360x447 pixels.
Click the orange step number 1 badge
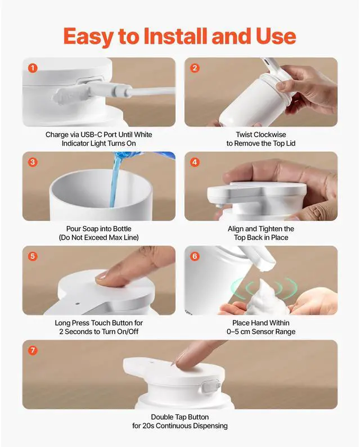(x=33, y=68)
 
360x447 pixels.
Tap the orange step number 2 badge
(x=195, y=68)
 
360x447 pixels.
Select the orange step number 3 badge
(x=33, y=162)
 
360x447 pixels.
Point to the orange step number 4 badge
(x=195, y=162)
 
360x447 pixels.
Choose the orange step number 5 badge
(x=33, y=256)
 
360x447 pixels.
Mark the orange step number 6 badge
(x=195, y=256)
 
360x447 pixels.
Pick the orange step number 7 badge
(x=33, y=350)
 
